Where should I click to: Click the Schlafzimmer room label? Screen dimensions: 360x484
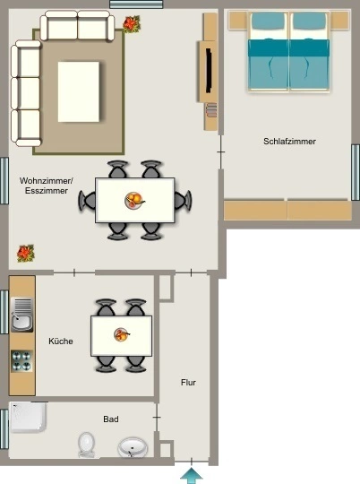tap(289, 142)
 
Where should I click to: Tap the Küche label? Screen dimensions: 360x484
tap(61, 341)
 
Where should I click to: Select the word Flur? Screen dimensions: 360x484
tap(188, 383)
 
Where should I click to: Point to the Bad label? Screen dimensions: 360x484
tap(111, 419)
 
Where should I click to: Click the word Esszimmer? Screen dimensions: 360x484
tap(47, 191)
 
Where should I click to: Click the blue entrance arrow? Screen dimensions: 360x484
tap(192, 476)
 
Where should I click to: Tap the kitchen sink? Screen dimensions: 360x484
tap(21, 315)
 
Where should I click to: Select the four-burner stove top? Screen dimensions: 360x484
tap(21, 360)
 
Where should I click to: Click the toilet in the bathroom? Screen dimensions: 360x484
tap(86, 445)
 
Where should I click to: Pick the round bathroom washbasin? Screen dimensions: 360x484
tap(133, 447)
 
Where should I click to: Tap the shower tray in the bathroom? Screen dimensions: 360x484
tap(28, 417)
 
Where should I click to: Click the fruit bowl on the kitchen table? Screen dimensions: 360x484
tap(122, 335)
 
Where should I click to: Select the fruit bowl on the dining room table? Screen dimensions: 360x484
tap(134, 201)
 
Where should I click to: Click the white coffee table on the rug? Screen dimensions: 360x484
tap(79, 91)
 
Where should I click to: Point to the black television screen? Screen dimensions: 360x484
tap(209, 70)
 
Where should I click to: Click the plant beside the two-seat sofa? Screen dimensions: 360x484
tap(132, 24)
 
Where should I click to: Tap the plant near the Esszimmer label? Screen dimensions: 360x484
tap(26, 254)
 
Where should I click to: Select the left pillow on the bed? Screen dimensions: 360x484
tap(268, 21)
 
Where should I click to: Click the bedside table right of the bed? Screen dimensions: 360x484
tap(340, 21)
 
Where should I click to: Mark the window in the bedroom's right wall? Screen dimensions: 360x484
tap(356, 173)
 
